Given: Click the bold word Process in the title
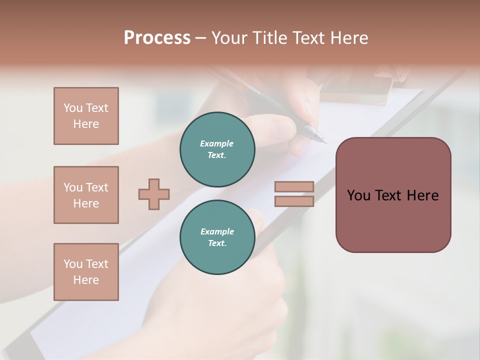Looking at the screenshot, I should click(x=157, y=38).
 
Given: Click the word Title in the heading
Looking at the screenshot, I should click(x=269, y=38).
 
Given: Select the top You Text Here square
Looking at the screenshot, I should click(x=86, y=116).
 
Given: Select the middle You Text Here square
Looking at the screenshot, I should click(x=86, y=195).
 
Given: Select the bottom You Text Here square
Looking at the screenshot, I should click(x=86, y=272).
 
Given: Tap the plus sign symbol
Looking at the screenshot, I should click(x=154, y=194).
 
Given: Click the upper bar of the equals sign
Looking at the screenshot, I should click(x=294, y=186).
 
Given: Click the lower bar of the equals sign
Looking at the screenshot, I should click(x=294, y=201).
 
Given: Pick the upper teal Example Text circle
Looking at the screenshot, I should click(x=217, y=149).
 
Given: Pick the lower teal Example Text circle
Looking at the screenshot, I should click(x=217, y=237).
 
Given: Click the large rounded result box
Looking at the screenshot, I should click(x=393, y=195).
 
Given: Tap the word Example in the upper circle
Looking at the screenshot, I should click(x=217, y=143).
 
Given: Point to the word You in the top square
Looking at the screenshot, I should click(x=73, y=108).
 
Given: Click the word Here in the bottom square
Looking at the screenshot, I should click(x=86, y=280).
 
